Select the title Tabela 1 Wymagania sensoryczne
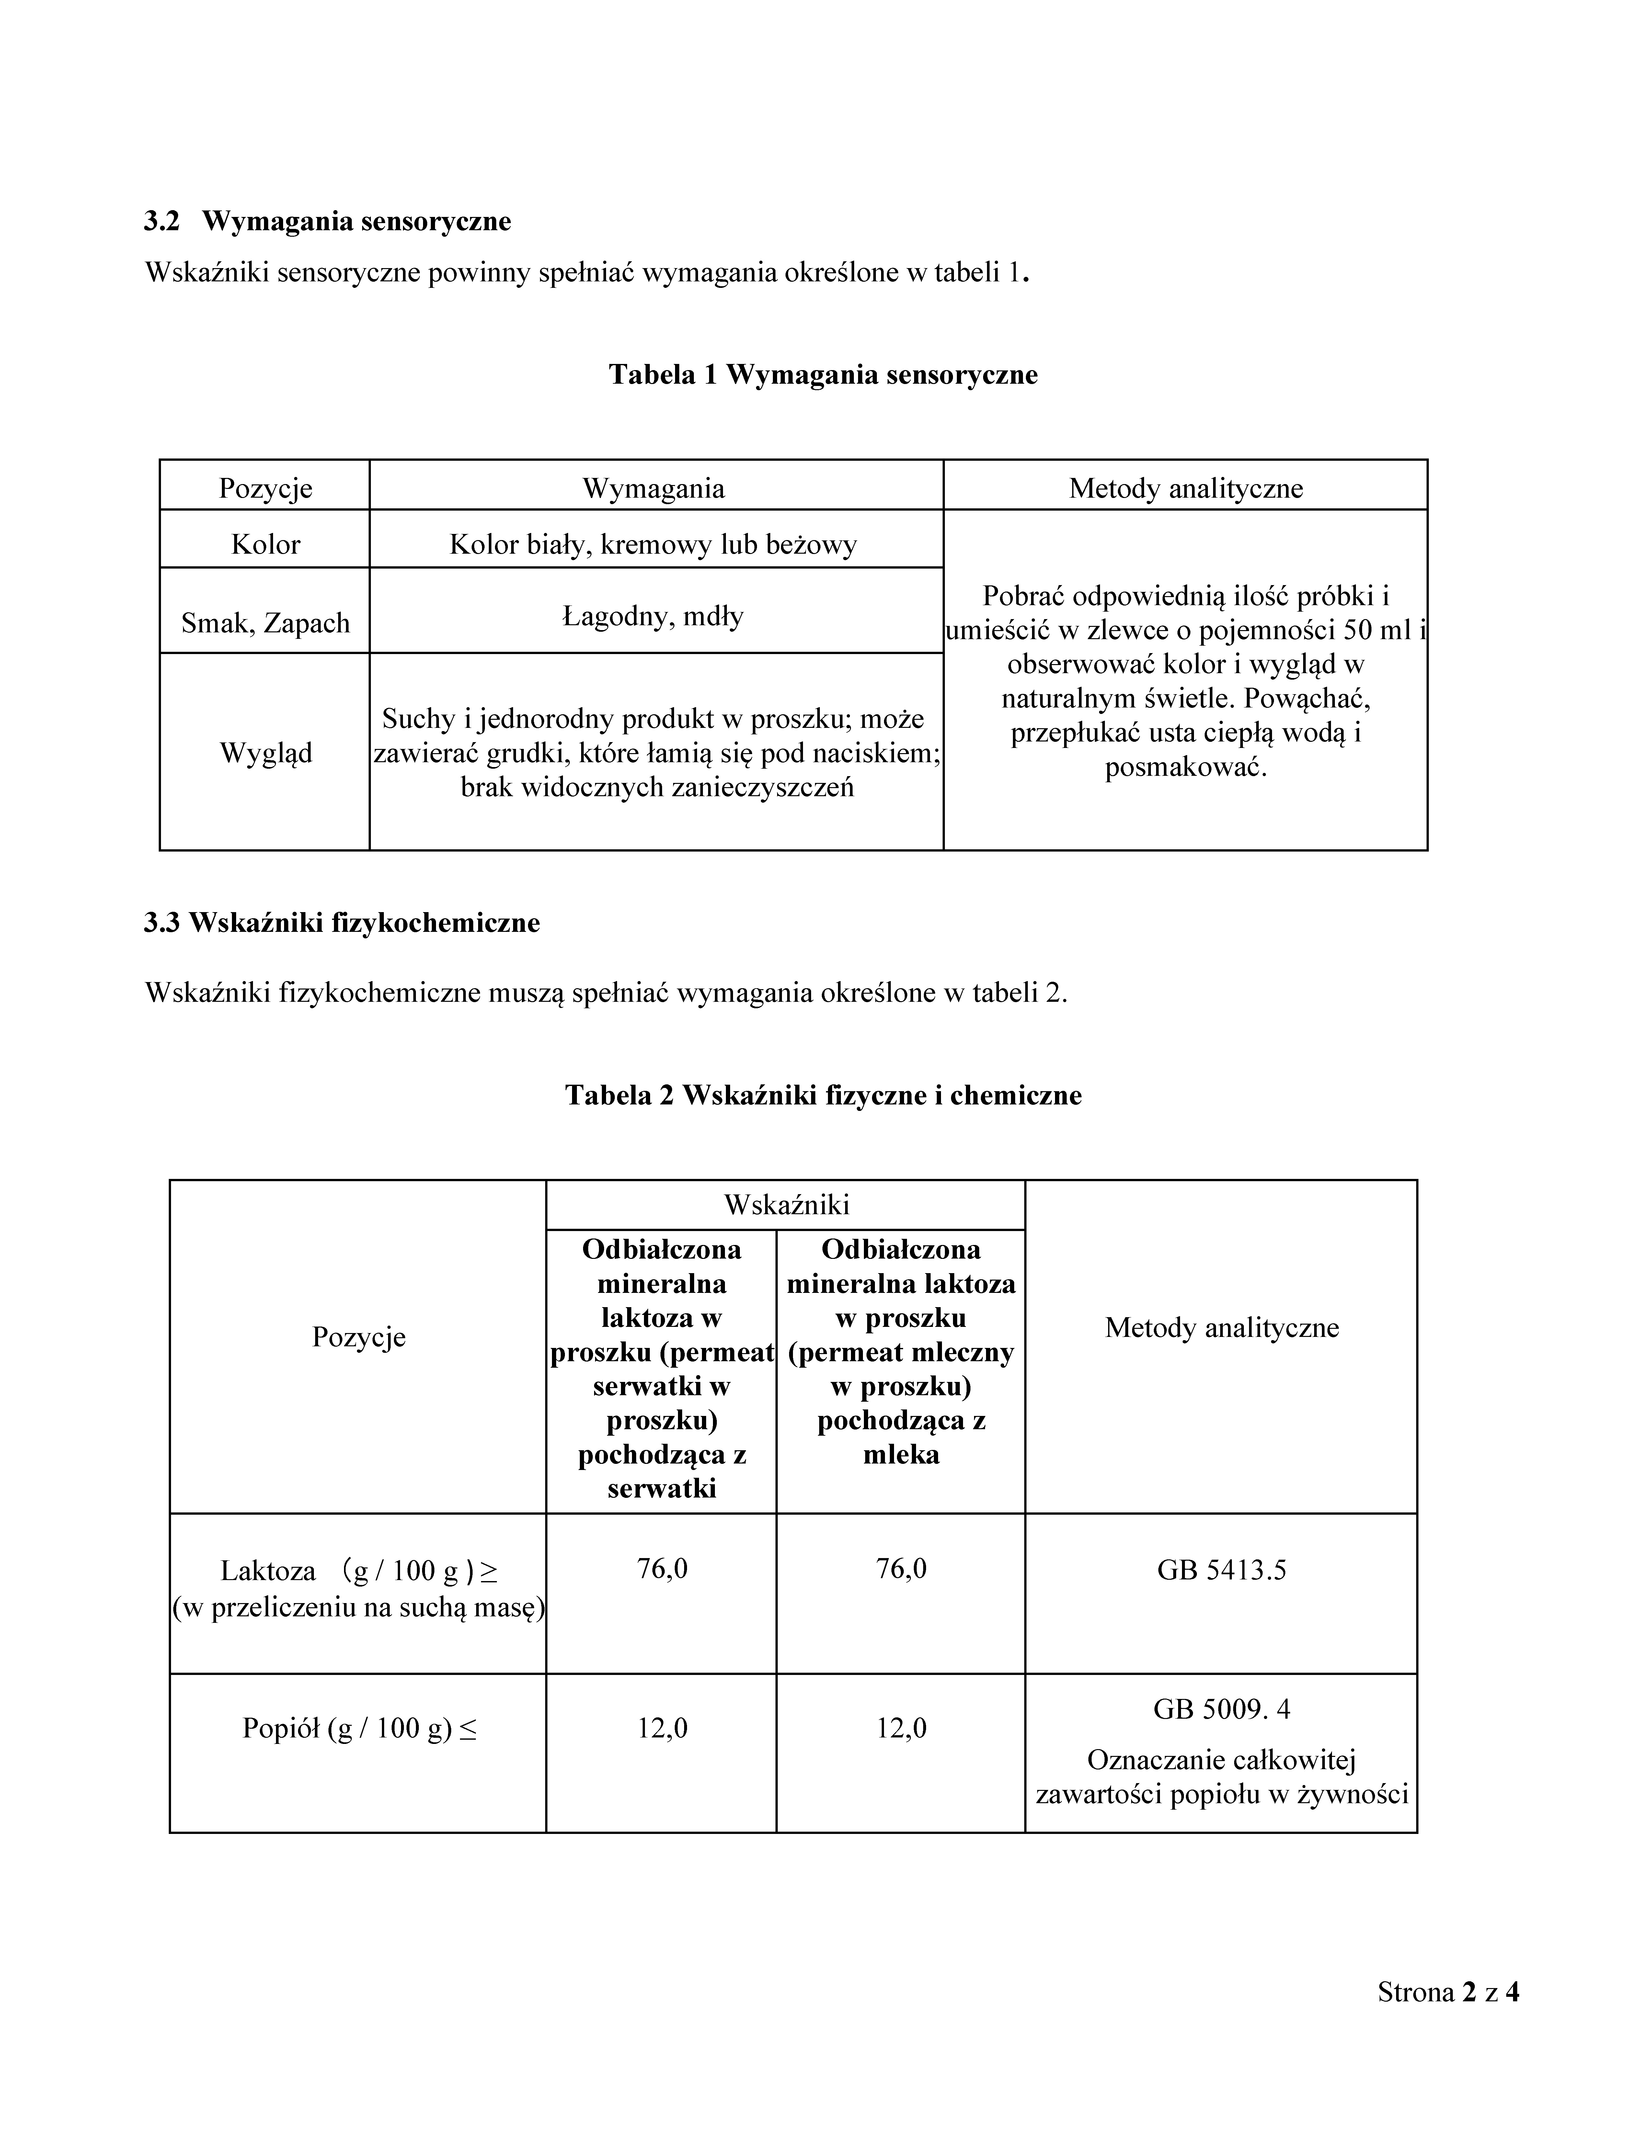823,375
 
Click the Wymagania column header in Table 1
654,488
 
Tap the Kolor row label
265,544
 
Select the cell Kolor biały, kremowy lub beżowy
654,544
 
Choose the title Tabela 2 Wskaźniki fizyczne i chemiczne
823,1095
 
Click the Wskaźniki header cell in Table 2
786,1204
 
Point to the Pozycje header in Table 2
358,1337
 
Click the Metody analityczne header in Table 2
1222,1328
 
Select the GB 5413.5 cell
1222,1570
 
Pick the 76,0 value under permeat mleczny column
901,1568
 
